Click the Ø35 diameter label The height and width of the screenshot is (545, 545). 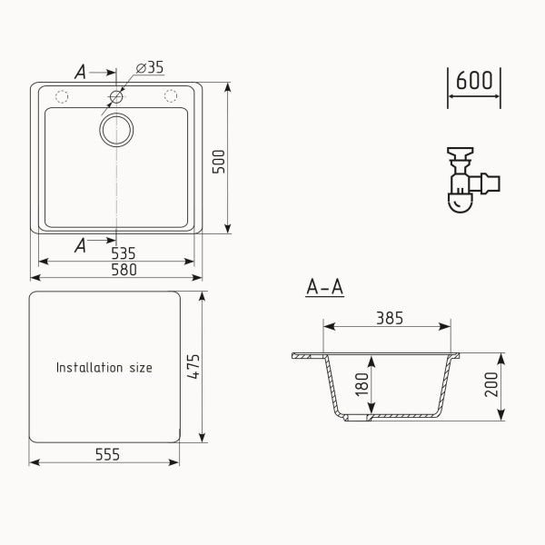[x=150, y=68]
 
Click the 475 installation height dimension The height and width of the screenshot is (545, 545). [x=193, y=367]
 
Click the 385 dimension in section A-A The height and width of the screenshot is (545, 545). [x=389, y=318]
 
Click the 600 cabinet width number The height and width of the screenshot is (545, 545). [x=474, y=81]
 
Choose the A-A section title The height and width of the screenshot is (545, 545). [x=324, y=288]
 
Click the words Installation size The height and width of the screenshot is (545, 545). [x=104, y=368]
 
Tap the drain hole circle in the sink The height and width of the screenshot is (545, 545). [x=116, y=130]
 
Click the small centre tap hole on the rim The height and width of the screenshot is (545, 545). [x=116, y=96]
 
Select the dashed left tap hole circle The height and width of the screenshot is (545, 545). [x=63, y=96]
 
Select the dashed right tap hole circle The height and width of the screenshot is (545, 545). [x=170, y=96]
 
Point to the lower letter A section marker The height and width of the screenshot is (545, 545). [x=81, y=243]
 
